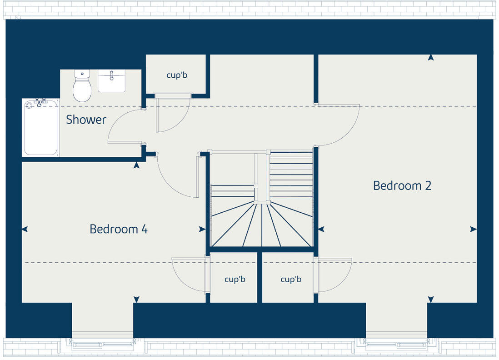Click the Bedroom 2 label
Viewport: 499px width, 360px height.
[402, 185]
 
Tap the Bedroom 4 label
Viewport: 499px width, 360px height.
[118, 229]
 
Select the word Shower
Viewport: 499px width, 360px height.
[86, 120]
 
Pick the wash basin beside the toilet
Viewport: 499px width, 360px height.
[111, 81]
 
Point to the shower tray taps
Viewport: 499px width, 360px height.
[40, 103]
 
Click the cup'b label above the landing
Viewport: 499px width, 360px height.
[177, 75]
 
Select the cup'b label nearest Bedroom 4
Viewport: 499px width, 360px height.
[235, 279]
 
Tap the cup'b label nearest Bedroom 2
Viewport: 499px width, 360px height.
[291, 279]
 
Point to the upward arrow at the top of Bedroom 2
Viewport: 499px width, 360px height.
[431, 58]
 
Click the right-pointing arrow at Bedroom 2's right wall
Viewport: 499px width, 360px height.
[473, 229]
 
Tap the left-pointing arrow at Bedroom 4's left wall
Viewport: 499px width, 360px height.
[25, 229]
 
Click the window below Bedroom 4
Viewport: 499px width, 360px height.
[102, 344]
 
